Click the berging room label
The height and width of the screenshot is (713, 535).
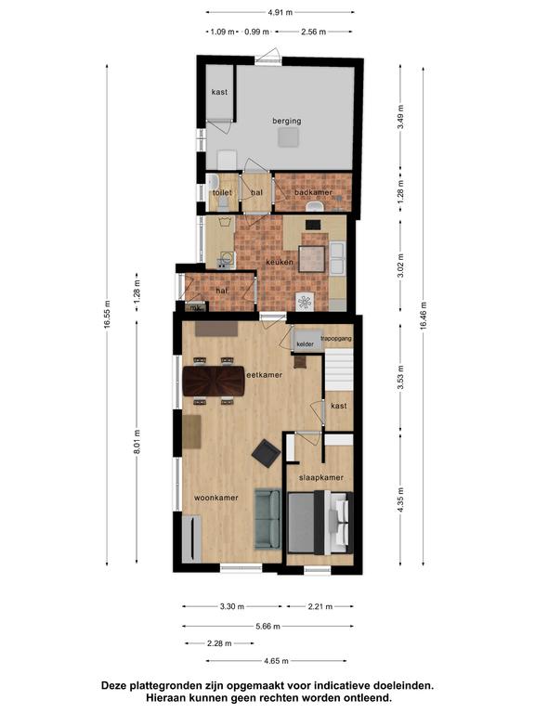pyautogui.click(x=287, y=121)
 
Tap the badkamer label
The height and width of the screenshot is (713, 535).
pyautogui.click(x=313, y=192)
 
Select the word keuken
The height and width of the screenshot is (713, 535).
pyautogui.click(x=280, y=262)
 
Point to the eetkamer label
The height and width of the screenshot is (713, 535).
pyautogui.click(x=265, y=375)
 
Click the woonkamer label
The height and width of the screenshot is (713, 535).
pyautogui.click(x=216, y=498)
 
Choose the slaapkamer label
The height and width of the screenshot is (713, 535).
pyautogui.click(x=321, y=477)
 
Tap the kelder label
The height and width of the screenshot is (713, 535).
pyautogui.click(x=306, y=344)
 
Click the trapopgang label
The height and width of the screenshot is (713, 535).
pyautogui.click(x=336, y=338)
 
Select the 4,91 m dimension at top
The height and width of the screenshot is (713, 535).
pyautogui.click(x=281, y=12)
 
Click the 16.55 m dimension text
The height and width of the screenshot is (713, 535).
pyautogui.click(x=107, y=314)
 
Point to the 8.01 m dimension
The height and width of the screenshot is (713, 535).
pyautogui.click(x=137, y=441)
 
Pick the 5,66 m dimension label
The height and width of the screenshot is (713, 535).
pyautogui.click(x=267, y=626)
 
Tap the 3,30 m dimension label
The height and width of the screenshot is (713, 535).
pyautogui.click(x=232, y=606)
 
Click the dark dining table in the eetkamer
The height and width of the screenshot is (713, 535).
pyautogui.click(x=214, y=381)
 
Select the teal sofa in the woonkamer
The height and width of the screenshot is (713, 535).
pyautogui.click(x=267, y=519)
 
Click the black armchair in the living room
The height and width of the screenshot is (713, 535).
pyautogui.click(x=267, y=453)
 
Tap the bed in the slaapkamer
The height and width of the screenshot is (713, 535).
pyautogui.click(x=320, y=523)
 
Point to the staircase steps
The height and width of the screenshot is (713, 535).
pyautogui.click(x=339, y=369)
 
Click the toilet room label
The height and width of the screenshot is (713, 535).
pyautogui.click(x=222, y=192)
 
